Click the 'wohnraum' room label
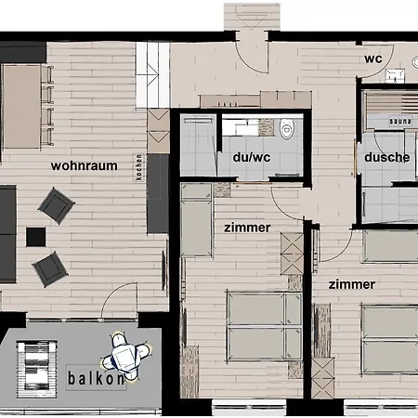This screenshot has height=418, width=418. tap(85, 166)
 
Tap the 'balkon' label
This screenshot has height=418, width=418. tap(97, 378)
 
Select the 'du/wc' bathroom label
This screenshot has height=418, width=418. tap(252, 157)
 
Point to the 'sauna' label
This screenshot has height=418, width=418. tap(400, 121)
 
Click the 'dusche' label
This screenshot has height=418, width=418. tap(387, 157)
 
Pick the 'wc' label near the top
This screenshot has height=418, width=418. tap(373, 59)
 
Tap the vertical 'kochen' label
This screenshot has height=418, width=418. tap(139, 167)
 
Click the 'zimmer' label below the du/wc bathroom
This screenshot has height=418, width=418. tap(247, 228)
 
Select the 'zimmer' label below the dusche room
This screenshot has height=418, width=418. tap(352, 284)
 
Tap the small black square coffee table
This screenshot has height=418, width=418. tap(35, 237)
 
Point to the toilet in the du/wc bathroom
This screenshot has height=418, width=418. tap(286, 128)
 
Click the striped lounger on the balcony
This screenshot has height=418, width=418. tap(37, 369)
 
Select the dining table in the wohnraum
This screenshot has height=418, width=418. tap(21, 106)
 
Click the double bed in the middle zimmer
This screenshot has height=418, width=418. tap(265, 326)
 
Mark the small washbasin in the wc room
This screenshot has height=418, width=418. tap(395, 76)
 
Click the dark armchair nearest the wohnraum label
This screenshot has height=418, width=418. tap(56, 205)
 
